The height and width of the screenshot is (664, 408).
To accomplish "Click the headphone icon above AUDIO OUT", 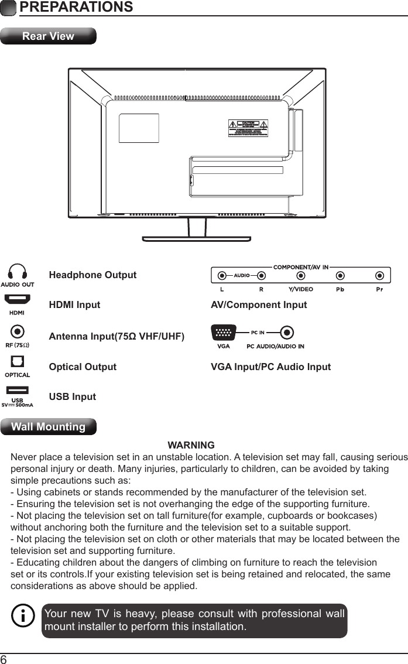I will pos(18,272).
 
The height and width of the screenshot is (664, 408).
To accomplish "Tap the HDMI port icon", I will pos(18,300).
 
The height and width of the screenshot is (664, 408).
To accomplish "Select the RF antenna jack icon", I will pos(18,332).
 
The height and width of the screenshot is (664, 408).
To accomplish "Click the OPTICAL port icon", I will pos(18,361).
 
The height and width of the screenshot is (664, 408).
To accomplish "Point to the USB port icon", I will pos(18,390).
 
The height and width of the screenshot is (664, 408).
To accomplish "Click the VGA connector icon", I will pos(223,333).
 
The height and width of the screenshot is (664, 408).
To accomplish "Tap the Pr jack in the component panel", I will pos(380,275).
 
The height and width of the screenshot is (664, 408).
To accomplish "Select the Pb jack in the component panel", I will pos(340,275).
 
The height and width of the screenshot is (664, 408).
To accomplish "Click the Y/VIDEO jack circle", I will pos(301,275).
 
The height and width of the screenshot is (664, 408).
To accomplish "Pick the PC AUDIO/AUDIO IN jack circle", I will pos(286,333).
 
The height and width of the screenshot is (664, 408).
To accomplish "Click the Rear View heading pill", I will pos(48,36).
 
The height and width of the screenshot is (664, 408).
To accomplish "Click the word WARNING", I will pos(191,446).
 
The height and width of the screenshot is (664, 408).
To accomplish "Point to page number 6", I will pos(4,659).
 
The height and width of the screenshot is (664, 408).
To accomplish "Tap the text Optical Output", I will pos(83,367).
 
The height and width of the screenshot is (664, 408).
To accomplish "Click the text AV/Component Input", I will pos(259,305).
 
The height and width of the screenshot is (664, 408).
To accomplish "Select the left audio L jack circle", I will pos(222,275).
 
